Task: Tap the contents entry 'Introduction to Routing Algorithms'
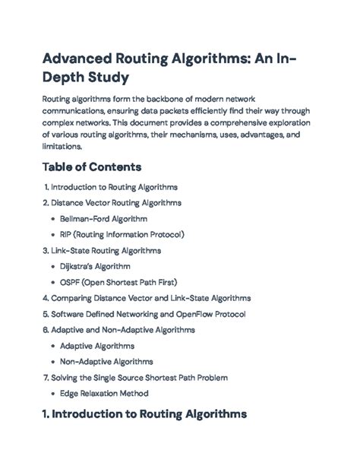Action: coord(114,187)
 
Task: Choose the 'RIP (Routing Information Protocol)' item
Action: coord(122,235)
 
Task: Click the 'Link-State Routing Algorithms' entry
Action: coord(106,251)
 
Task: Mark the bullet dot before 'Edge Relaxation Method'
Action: coord(52,394)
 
